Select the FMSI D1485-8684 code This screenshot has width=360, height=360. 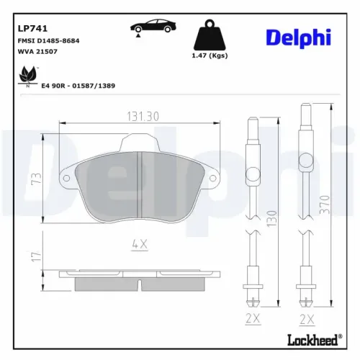(48, 41)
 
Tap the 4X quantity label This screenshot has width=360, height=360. (139, 245)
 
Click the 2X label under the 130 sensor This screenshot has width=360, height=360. (252, 318)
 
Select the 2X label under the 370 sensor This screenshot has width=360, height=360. (307, 318)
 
